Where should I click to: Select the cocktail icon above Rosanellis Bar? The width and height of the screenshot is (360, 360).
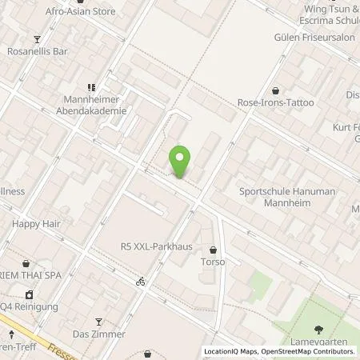point(37,39)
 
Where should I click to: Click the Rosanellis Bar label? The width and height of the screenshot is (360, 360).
point(37,54)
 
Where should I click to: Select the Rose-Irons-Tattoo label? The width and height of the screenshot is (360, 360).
point(275,103)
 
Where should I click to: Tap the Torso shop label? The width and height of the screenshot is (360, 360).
point(213,262)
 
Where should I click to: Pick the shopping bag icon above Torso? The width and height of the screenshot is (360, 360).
point(213,249)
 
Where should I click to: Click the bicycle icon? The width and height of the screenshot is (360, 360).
point(141,282)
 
